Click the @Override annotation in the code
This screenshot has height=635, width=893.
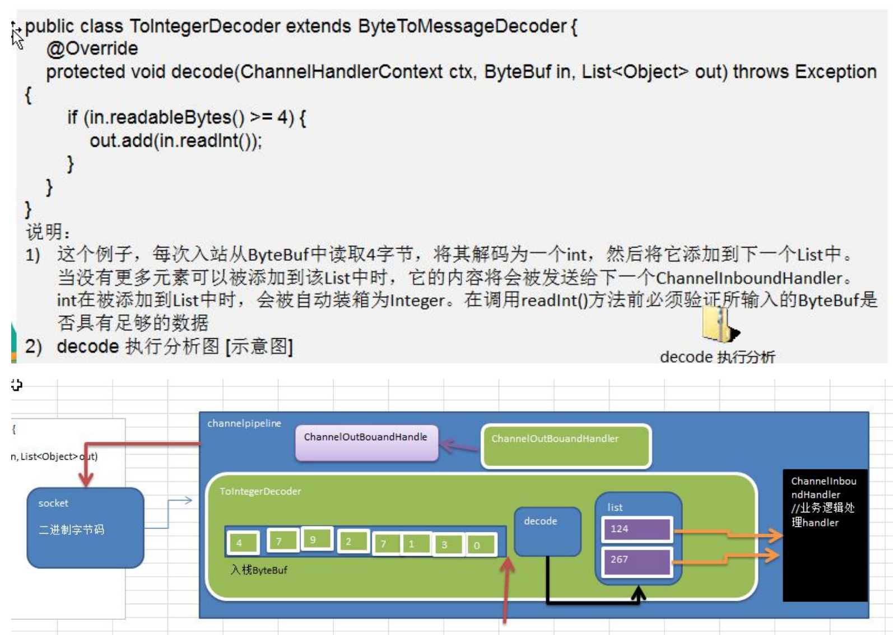coord(92,49)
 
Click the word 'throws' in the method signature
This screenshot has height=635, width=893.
coord(760,72)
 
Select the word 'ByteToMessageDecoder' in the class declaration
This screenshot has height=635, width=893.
coord(462,26)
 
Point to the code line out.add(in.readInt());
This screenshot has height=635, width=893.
coord(175,140)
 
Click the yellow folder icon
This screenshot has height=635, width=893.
coord(718,325)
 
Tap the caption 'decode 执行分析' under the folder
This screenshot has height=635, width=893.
coord(717,357)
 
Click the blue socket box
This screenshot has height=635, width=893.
coord(85,527)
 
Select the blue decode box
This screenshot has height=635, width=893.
coord(547,531)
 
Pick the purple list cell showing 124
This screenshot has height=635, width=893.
coord(636,529)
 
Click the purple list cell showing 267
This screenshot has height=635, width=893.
coord(636,561)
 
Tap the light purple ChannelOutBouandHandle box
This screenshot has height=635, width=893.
coord(366,442)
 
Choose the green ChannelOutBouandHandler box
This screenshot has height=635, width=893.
coord(566,446)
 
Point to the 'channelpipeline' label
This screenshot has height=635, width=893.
coord(244,423)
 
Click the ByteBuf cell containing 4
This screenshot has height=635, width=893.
coord(243,543)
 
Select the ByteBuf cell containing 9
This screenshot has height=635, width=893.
coord(317,540)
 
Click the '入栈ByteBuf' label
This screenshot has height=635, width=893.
coord(259,570)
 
